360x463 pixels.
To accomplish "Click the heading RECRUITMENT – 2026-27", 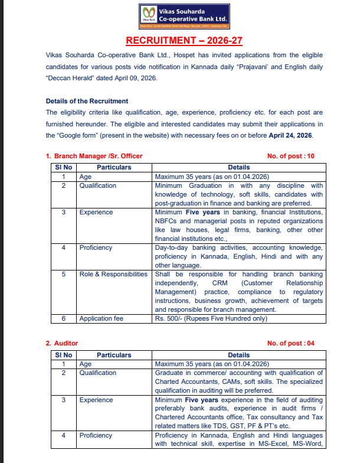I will (184, 40).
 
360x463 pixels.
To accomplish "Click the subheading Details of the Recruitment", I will (87, 101).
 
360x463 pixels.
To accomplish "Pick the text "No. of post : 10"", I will (290, 156).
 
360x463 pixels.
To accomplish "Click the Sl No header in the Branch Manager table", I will (63, 167).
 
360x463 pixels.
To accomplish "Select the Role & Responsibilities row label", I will (113, 274).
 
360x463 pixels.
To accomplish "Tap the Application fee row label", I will (102, 318).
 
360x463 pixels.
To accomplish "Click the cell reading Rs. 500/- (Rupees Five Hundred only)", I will (211, 318).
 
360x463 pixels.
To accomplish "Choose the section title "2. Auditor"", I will (62, 343).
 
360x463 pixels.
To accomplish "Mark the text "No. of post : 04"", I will (290, 343).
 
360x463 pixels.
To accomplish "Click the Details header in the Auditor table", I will (238, 355).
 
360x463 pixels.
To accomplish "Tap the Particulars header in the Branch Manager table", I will (114, 167).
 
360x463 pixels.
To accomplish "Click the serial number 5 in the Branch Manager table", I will (63, 274).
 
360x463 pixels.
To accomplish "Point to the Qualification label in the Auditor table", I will (98, 373).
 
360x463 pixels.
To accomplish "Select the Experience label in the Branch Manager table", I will (96, 212).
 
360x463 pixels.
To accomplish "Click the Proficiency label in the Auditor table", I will (96, 435).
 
